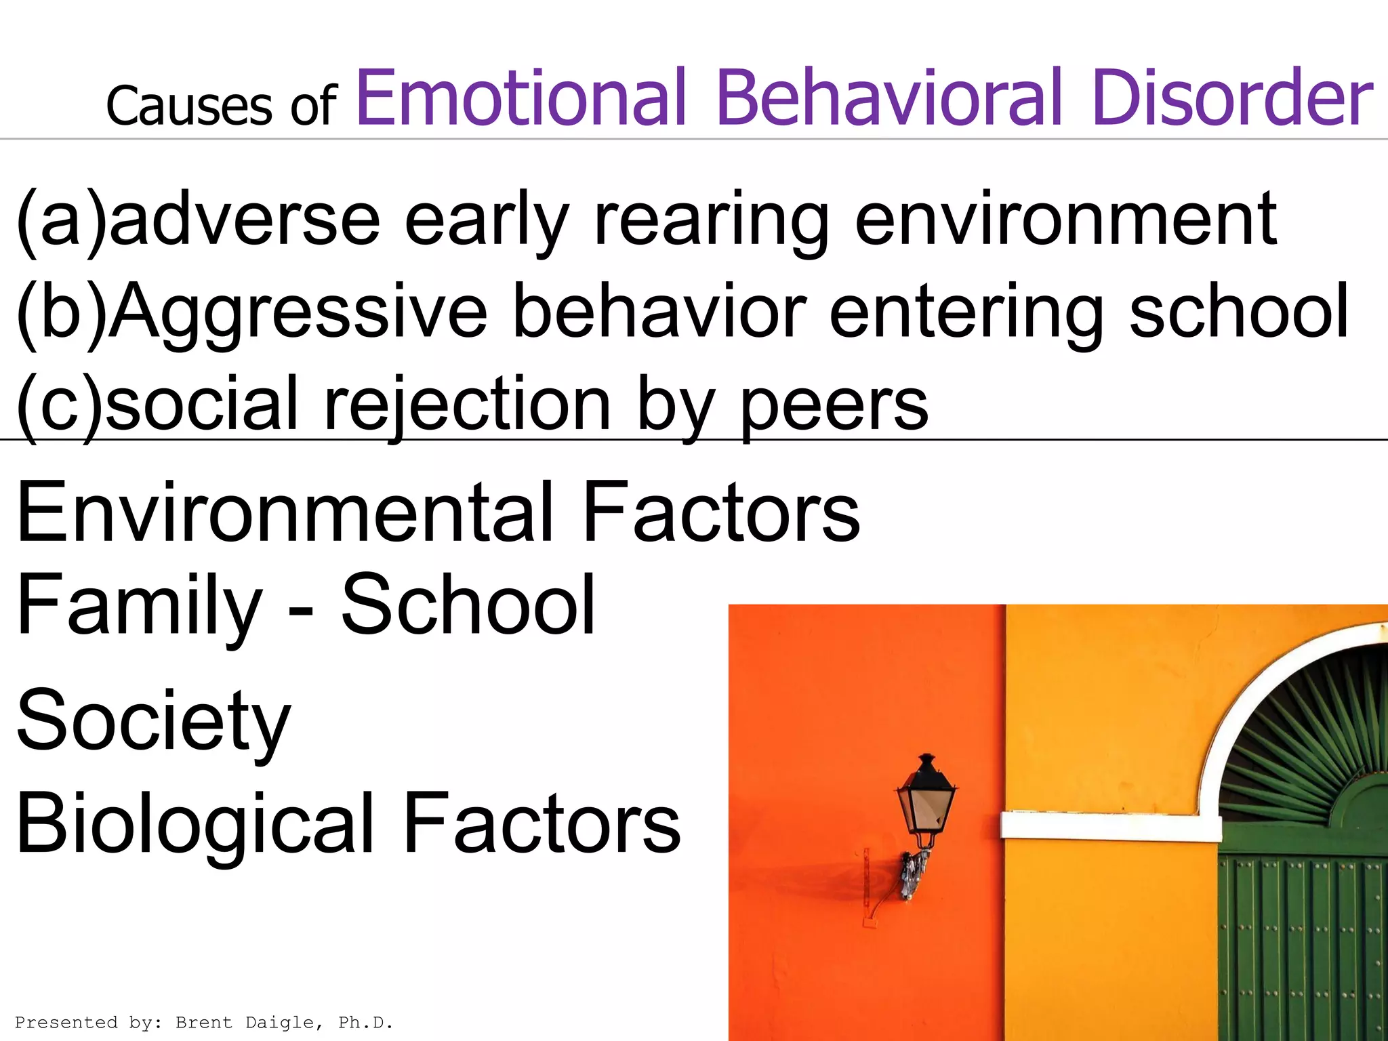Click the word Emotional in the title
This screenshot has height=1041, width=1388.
521,98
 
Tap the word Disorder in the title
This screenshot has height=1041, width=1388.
1233,98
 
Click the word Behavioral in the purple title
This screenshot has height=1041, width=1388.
889,98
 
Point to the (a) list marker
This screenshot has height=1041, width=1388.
61,220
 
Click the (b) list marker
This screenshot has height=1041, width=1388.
61,312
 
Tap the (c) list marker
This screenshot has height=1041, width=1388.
60,405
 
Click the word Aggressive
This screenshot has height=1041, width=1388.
298,314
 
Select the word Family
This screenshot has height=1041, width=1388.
140,605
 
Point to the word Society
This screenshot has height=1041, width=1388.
154,722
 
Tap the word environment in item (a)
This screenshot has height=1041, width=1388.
1066,220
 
